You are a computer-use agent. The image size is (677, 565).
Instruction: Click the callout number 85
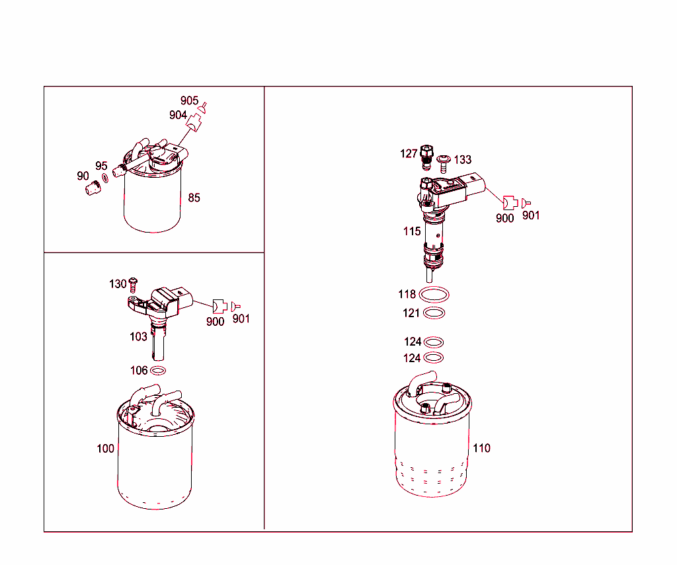coord(194,198)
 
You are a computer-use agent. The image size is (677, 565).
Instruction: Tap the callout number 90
coord(83,176)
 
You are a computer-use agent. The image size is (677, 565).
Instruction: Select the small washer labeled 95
coord(105,179)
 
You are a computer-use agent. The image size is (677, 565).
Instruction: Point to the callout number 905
coord(189,100)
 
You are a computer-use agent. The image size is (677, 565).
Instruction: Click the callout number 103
coord(138,336)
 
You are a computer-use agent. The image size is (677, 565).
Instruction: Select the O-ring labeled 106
coord(158,371)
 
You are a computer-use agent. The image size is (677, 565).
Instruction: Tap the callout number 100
coord(105,448)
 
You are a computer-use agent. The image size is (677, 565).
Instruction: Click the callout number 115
coord(412,231)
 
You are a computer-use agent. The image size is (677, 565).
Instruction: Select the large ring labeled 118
coord(434,294)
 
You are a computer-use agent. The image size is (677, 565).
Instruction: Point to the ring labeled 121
coord(434,313)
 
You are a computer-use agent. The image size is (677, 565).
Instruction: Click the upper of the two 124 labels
coord(413,342)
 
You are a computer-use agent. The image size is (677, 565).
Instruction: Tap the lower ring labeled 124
coord(434,358)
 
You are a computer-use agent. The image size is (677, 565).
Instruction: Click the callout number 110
coord(481,448)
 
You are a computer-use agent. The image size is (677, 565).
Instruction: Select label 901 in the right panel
coord(531,215)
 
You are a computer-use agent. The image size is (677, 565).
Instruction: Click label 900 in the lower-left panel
coord(215,322)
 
